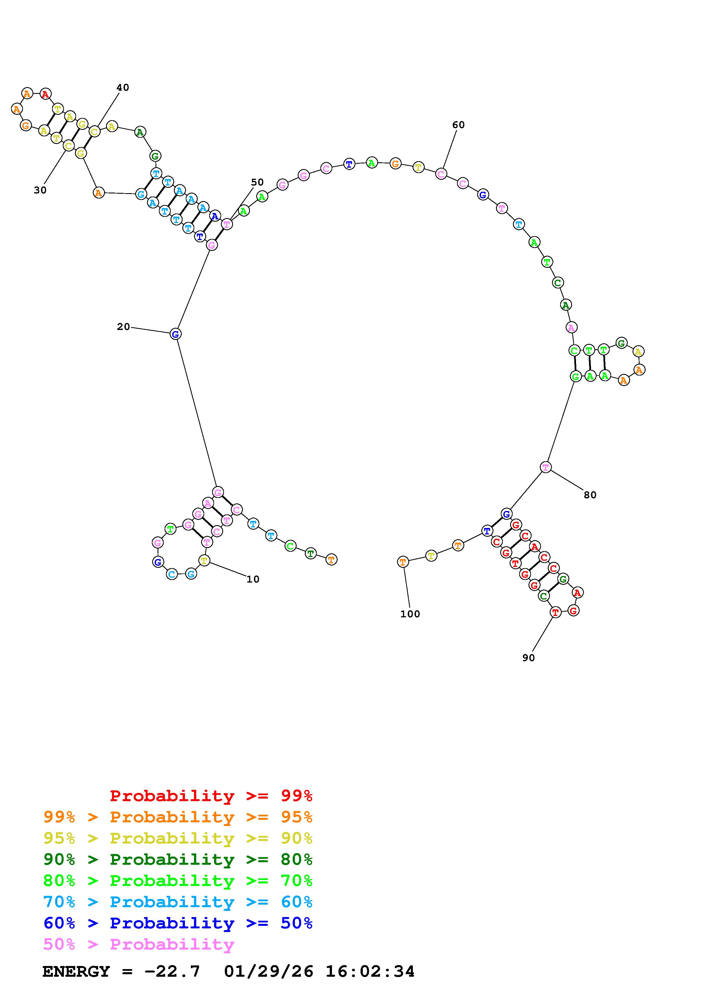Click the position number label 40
point(123,88)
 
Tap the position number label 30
point(40,190)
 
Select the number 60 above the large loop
point(458,125)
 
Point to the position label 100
point(410,614)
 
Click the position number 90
point(528,657)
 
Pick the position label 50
point(257,182)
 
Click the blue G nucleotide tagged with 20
point(175,334)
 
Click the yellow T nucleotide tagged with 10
point(204,561)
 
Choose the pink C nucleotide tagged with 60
point(441,174)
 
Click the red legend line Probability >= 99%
point(211,796)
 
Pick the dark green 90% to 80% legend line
point(178,859)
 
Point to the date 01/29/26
point(268,971)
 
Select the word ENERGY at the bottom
point(76,971)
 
